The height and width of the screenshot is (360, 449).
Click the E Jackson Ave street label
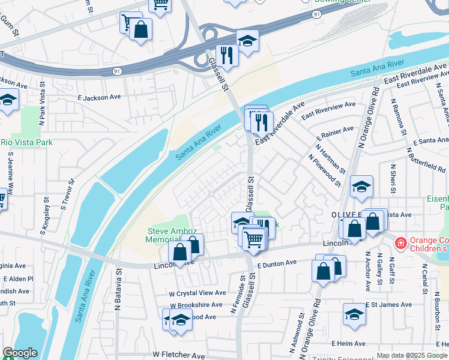(x=99, y=97)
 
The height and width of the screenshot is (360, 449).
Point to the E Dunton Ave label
(x=277, y=263)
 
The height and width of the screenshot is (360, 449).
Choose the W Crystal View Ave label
(x=197, y=293)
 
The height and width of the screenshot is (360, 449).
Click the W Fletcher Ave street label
(x=179, y=355)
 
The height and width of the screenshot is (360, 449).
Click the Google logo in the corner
(x=20, y=353)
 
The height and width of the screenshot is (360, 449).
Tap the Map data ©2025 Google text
(x=411, y=355)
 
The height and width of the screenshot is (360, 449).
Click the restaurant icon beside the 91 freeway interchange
(x=227, y=56)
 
